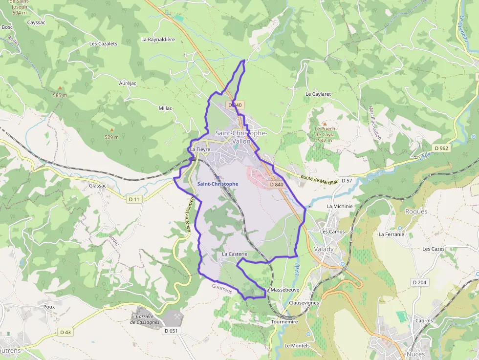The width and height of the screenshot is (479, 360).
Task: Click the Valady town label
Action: [x=324, y=249]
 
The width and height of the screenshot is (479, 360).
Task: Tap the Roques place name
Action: [x=416, y=212]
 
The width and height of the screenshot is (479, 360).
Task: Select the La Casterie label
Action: [x=235, y=254]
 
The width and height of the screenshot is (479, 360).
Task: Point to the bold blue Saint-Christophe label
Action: [x=218, y=184]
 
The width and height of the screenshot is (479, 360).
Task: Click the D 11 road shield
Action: [x=134, y=199]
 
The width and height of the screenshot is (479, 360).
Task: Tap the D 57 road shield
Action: [x=347, y=181]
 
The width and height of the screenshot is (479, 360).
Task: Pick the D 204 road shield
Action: [x=419, y=282]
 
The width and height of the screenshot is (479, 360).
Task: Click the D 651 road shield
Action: [x=171, y=331]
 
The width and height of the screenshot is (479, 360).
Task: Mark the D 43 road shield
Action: [x=65, y=332]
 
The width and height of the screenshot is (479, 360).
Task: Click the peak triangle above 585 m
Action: [x=60, y=88]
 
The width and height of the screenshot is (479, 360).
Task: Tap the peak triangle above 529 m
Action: [x=111, y=130]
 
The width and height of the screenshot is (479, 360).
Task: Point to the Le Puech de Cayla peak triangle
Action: [x=324, y=124]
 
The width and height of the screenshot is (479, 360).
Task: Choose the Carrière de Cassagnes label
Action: [x=145, y=319]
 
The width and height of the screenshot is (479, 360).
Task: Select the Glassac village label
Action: [x=98, y=186]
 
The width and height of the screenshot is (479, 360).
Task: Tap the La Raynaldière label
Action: [x=158, y=39]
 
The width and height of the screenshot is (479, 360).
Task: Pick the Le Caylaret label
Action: [x=318, y=94]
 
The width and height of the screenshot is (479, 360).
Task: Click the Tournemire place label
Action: [x=284, y=322]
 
